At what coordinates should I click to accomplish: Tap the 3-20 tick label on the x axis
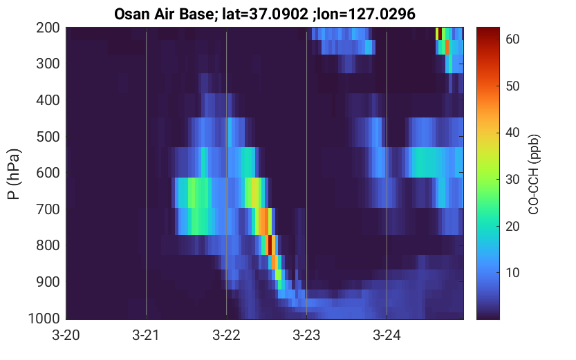tap(66, 335)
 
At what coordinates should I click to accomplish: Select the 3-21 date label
tap(146, 335)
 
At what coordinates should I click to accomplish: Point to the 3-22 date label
tap(226, 335)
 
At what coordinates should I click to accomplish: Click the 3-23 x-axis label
tap(306, 335)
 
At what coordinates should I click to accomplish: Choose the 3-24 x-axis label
tap(387, 335)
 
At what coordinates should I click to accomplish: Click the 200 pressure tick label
tap(48, 28)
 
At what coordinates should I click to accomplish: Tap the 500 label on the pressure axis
tap(48, 137)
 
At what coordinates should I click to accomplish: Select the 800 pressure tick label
tap(48, 245)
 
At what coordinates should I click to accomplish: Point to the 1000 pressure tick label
tap(44, 318)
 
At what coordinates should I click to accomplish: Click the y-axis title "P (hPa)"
tap(14, 174)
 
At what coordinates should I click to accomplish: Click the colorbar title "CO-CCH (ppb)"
tap(533, 174)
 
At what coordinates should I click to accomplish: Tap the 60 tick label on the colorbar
tap(512, 39)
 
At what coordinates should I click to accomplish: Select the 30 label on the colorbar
tap(512, 180)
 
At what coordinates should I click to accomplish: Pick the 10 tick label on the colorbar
tap(512, 273)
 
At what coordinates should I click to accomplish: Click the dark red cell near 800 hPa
tap(270, 245)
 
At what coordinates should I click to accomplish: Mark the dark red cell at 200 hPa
tap(440, 33)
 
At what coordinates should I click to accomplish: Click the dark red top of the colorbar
tap(488, 31)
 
